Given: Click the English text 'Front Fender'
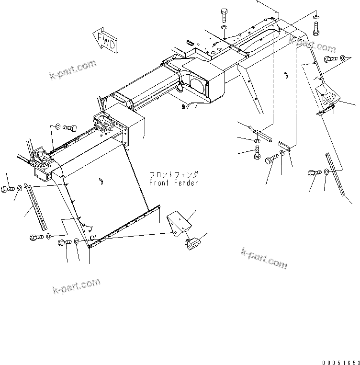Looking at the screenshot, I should pos(173,183).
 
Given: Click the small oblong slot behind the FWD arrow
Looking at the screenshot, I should pos(189,42).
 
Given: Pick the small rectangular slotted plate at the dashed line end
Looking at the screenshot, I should pos(283,144).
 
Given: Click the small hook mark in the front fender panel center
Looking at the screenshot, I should pos(101,181).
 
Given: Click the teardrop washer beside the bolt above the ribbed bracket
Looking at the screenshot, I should pos(343,58).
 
